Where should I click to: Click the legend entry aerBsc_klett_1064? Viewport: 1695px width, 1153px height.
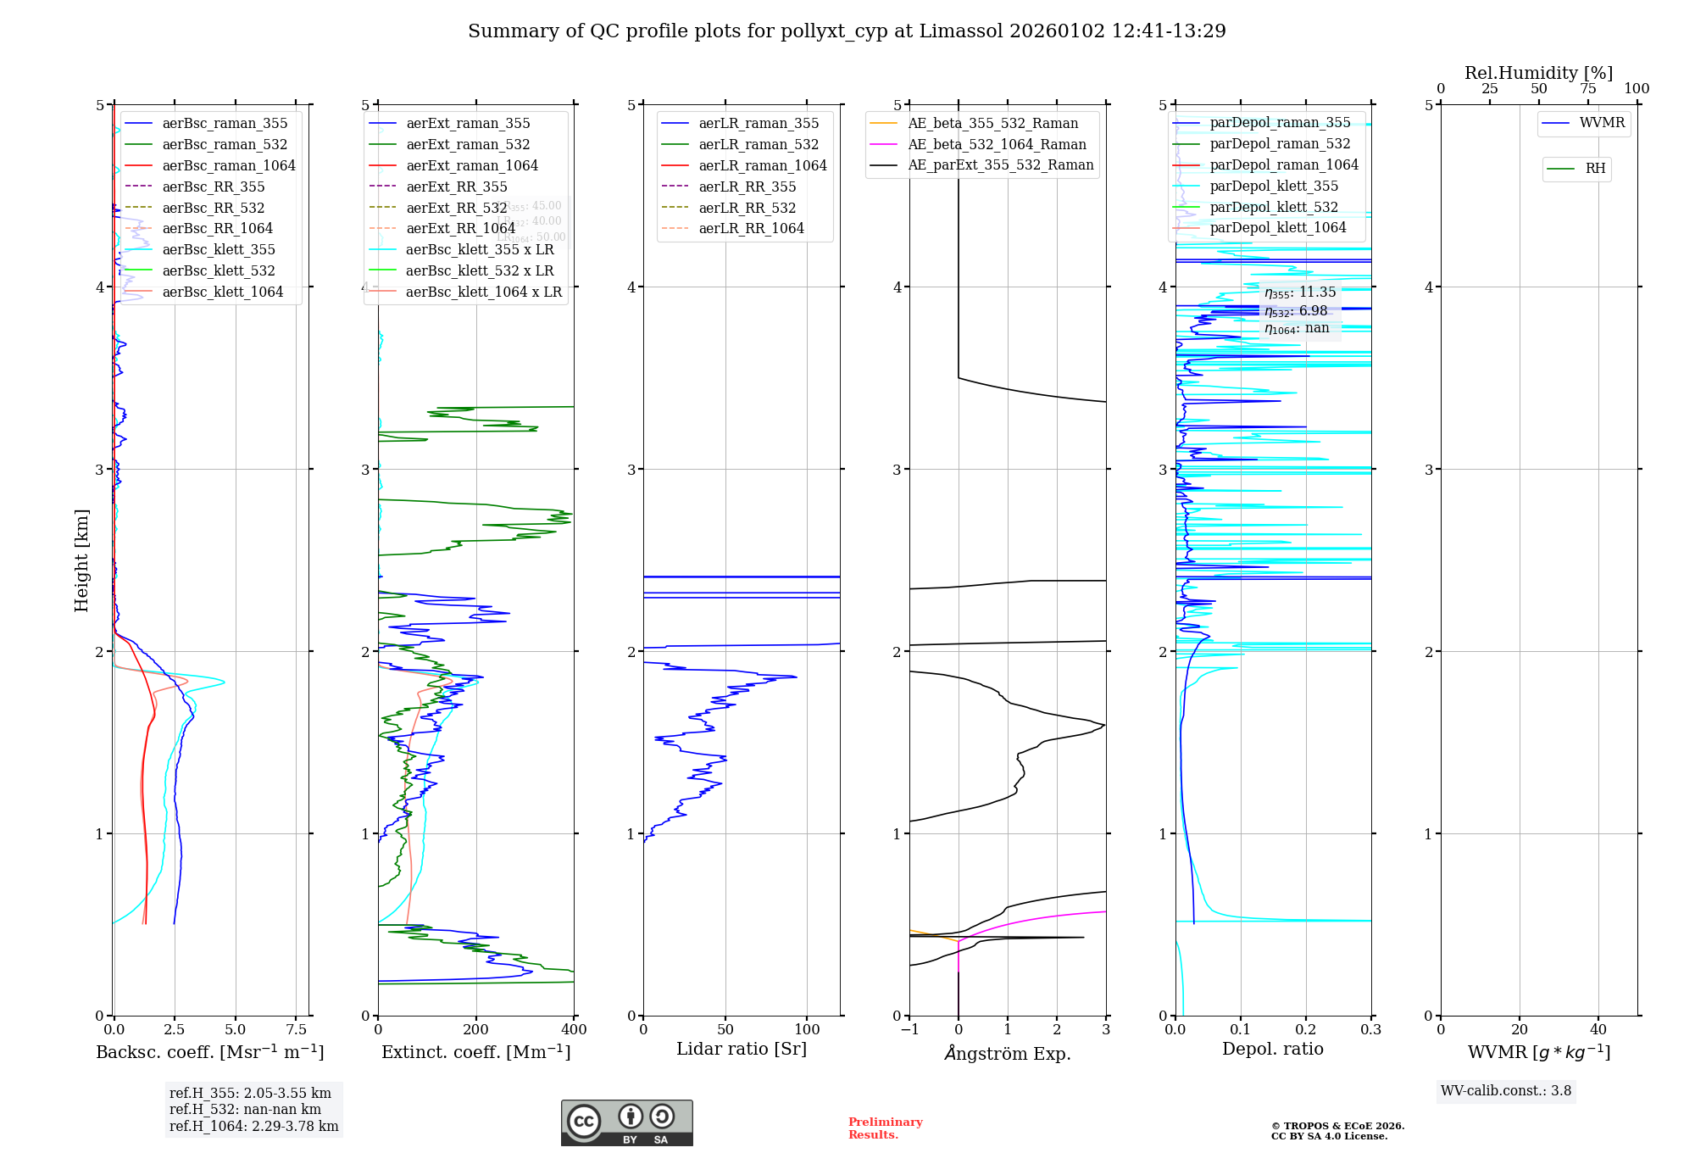(222, 292)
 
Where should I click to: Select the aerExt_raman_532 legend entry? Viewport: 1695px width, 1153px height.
(468, 144)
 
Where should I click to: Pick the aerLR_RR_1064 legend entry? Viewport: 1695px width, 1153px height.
(751, 228)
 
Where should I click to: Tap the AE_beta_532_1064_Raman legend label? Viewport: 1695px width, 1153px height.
(997, 144)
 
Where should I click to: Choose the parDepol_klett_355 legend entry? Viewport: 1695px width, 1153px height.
(1274, 186)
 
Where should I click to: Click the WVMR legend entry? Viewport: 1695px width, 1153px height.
(1602, 123)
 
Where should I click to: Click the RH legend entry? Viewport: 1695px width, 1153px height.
(1595, 169)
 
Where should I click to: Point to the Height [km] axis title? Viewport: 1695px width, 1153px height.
(81, 560)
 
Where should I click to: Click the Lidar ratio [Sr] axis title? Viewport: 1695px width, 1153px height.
(742, 1049)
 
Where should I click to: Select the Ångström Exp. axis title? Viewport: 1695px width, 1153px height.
(1008, 1053)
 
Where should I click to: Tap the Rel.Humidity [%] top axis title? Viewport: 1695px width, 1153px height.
(1538, 73)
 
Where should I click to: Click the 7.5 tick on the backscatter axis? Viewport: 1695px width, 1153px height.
(296, 1029)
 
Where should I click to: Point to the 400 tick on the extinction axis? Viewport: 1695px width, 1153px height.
(574, 1029)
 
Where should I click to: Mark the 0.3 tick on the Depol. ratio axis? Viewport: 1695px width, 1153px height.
(1370, 1029)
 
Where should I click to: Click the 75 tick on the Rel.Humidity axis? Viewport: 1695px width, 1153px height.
(1587, 89)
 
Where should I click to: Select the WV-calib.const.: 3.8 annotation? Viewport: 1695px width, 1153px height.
(1506, 1091)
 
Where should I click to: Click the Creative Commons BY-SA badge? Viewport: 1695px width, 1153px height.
(626, 1122)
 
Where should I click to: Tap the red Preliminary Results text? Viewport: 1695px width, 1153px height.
(885, 1128)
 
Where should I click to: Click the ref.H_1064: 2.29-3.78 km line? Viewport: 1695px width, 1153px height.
(253, 1126)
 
